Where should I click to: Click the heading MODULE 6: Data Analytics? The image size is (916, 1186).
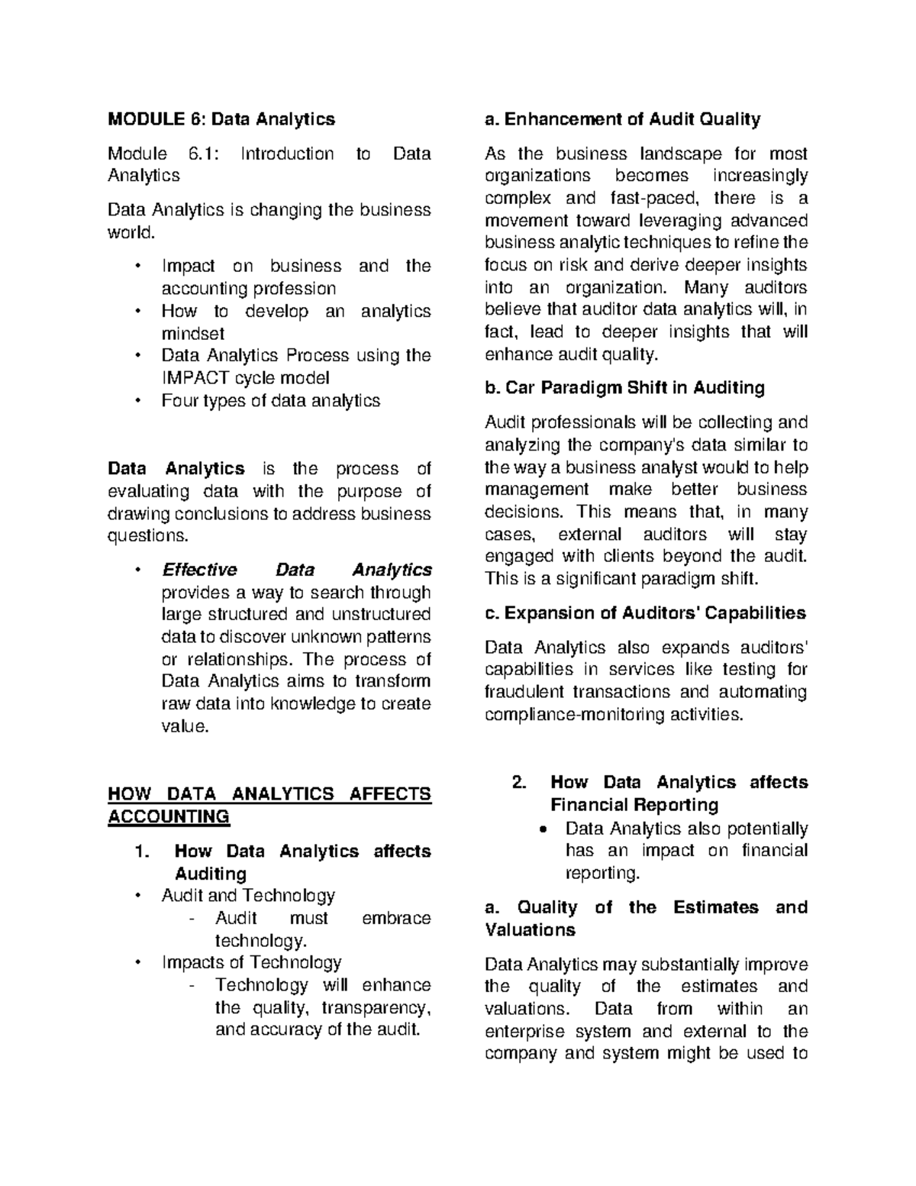point(221,119)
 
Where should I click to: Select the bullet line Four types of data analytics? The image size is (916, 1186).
point(270,400)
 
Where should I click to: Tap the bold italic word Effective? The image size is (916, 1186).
point(199,570)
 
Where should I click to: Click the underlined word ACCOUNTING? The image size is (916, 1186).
point(169,817)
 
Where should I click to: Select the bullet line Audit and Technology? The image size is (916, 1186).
point(248,896)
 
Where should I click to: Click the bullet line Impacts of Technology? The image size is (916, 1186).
point(251,963)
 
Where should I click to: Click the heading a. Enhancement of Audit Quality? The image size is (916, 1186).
point(623,119)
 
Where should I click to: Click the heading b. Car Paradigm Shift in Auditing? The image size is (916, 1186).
point(624,388)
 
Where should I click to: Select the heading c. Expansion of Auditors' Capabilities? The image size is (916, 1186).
point(646,613)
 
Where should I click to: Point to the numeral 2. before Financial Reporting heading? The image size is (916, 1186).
point(519,783)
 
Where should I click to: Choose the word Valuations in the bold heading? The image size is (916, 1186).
point(531,930)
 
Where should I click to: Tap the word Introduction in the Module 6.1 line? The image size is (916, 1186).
point(287,154)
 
